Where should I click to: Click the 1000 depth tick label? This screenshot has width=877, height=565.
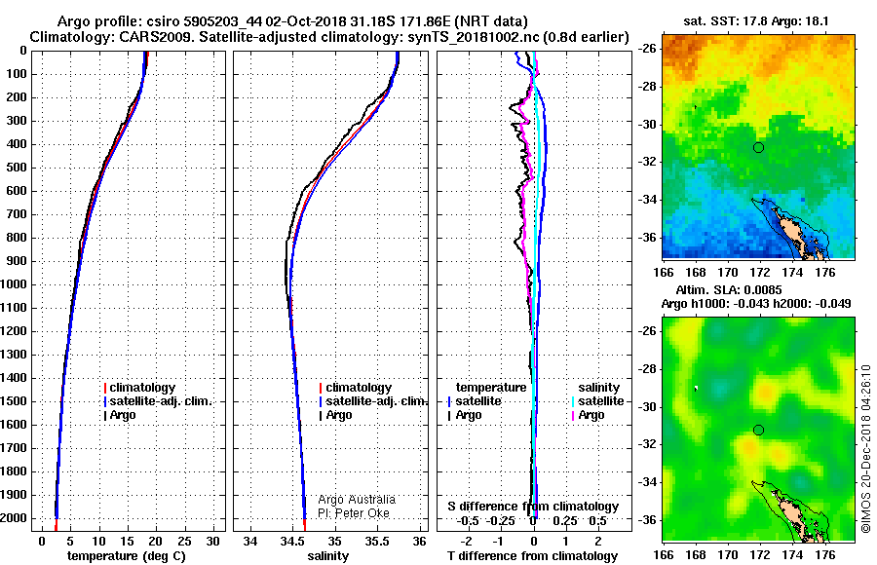click(14, 284)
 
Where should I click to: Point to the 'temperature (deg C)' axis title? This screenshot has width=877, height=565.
click(127, 556)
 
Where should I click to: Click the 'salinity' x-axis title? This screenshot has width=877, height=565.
click(327, 556)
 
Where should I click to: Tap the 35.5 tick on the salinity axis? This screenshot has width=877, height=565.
click(377, 542)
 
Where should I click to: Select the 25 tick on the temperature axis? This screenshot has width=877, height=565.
click(184, 542)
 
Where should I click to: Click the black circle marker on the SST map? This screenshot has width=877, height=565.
click(758, 148)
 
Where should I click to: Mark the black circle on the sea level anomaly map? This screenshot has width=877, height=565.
click(758, 430)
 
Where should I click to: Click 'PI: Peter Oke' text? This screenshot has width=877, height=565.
click(354, 513)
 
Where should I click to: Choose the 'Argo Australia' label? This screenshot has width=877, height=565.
click(357, 499)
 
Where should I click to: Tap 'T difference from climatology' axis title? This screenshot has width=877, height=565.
click(532, 556)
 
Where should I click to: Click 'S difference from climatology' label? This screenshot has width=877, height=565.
click(533, 507)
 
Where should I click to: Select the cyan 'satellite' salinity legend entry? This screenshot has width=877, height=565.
click(598, 401)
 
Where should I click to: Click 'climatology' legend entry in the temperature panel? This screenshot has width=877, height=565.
click(139, 387)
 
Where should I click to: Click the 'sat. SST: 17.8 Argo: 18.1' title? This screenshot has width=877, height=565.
click(756, 21)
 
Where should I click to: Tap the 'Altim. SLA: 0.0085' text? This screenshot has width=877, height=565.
click(729, 289)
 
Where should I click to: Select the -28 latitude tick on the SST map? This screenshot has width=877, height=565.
click(647, 87)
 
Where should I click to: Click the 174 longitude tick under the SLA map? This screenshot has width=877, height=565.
click(792, 555)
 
